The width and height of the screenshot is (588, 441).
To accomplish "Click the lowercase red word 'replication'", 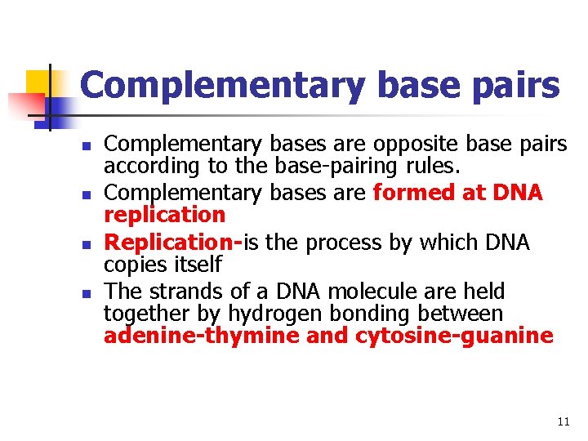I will [x=164, y=215].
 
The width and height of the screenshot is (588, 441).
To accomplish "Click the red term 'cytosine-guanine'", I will [x=454, y=336].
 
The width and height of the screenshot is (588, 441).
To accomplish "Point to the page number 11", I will [x=563, y=421].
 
